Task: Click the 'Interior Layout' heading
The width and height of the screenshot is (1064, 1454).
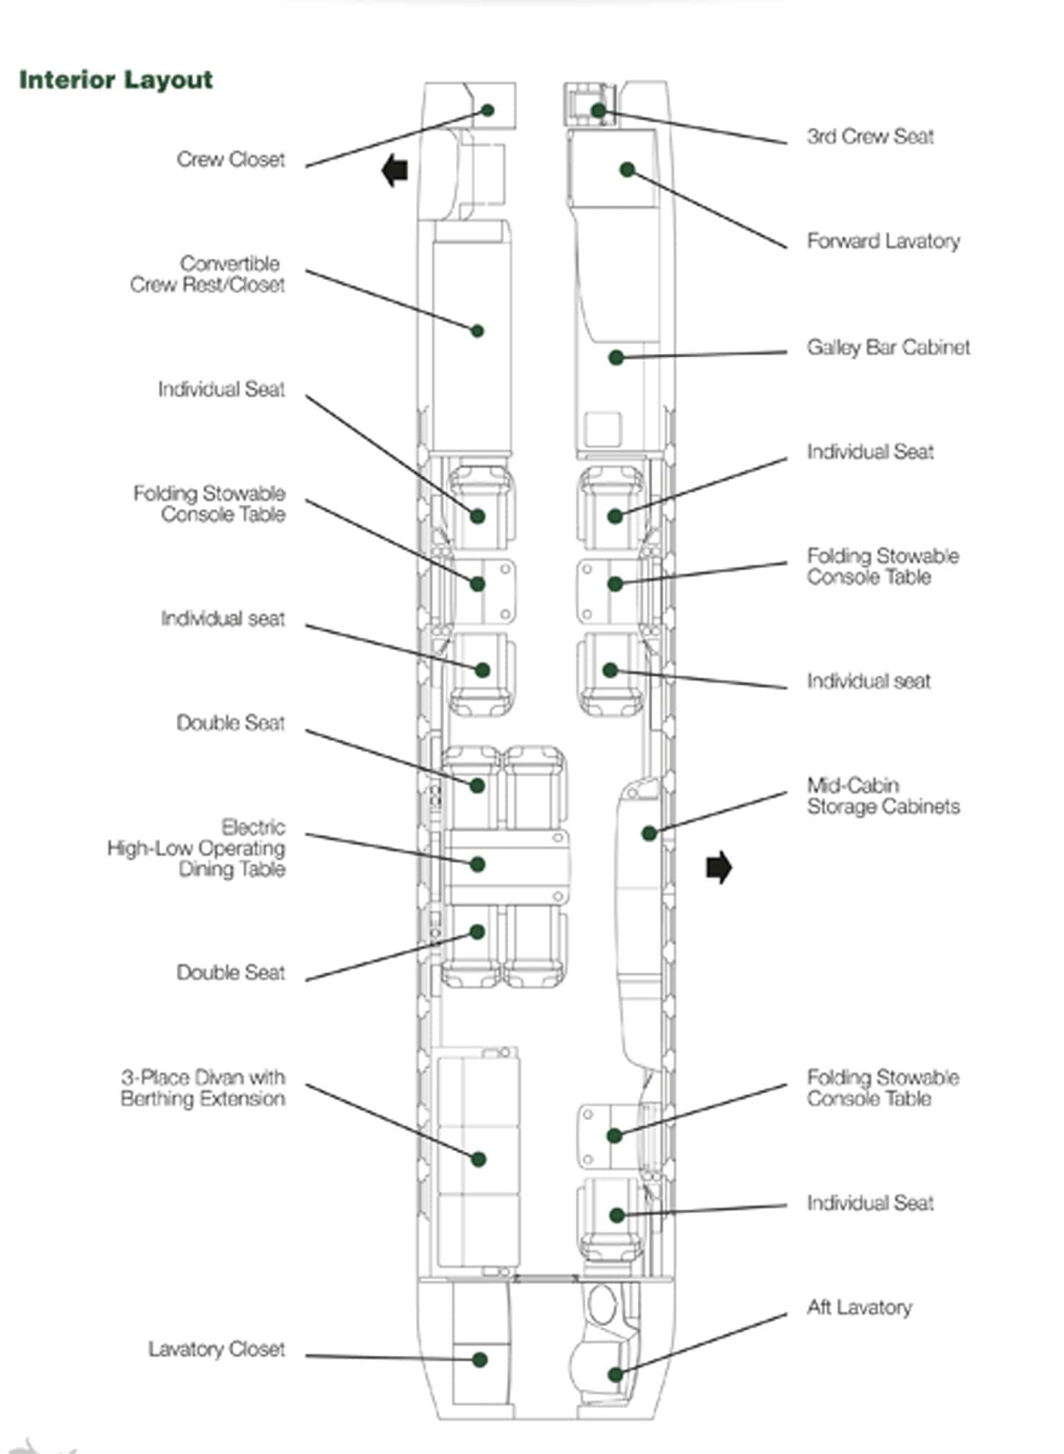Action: click(x=115, y=80)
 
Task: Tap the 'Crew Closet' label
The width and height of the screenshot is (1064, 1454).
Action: click(x=231, y=160)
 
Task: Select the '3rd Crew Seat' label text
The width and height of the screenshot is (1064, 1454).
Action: click(x=870, y=136)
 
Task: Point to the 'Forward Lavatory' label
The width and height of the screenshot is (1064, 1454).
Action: click(x=883, y=241)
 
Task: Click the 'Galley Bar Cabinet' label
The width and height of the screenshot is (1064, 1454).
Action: click(x=888, y=348)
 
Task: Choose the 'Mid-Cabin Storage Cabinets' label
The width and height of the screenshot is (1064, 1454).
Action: click(x=883, y=796)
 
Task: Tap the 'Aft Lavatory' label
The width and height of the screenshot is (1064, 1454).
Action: click(x=859, y=1307)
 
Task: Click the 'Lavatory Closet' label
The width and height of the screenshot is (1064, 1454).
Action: click(x=216, y=1350)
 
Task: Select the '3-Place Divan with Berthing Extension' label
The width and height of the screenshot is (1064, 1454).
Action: click(x=202, y=1088)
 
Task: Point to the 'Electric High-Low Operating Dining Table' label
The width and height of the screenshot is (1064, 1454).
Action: click(x=196, y=848)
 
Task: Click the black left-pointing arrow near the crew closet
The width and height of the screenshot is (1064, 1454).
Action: click(x=396, y=171)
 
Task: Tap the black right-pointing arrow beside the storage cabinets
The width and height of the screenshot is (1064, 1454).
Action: click(x=719, y=868)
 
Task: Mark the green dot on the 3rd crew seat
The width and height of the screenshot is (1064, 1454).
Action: click(x=598, y=110)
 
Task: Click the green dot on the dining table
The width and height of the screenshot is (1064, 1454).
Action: click(x=477, y=864)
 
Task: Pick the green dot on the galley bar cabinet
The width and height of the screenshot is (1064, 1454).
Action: click(x=615, y=357)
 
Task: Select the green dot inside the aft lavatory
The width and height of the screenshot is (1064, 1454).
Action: click(x=615, y=1374)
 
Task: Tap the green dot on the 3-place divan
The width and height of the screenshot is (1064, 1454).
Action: click(x=478, y=1159)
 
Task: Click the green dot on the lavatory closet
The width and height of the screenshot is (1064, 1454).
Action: click(x=479, y=1360)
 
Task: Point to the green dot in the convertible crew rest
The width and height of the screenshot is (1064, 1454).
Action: click(x=477, y=331)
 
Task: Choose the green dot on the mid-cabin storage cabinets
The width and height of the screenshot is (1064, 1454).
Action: click(x=649, y=834)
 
